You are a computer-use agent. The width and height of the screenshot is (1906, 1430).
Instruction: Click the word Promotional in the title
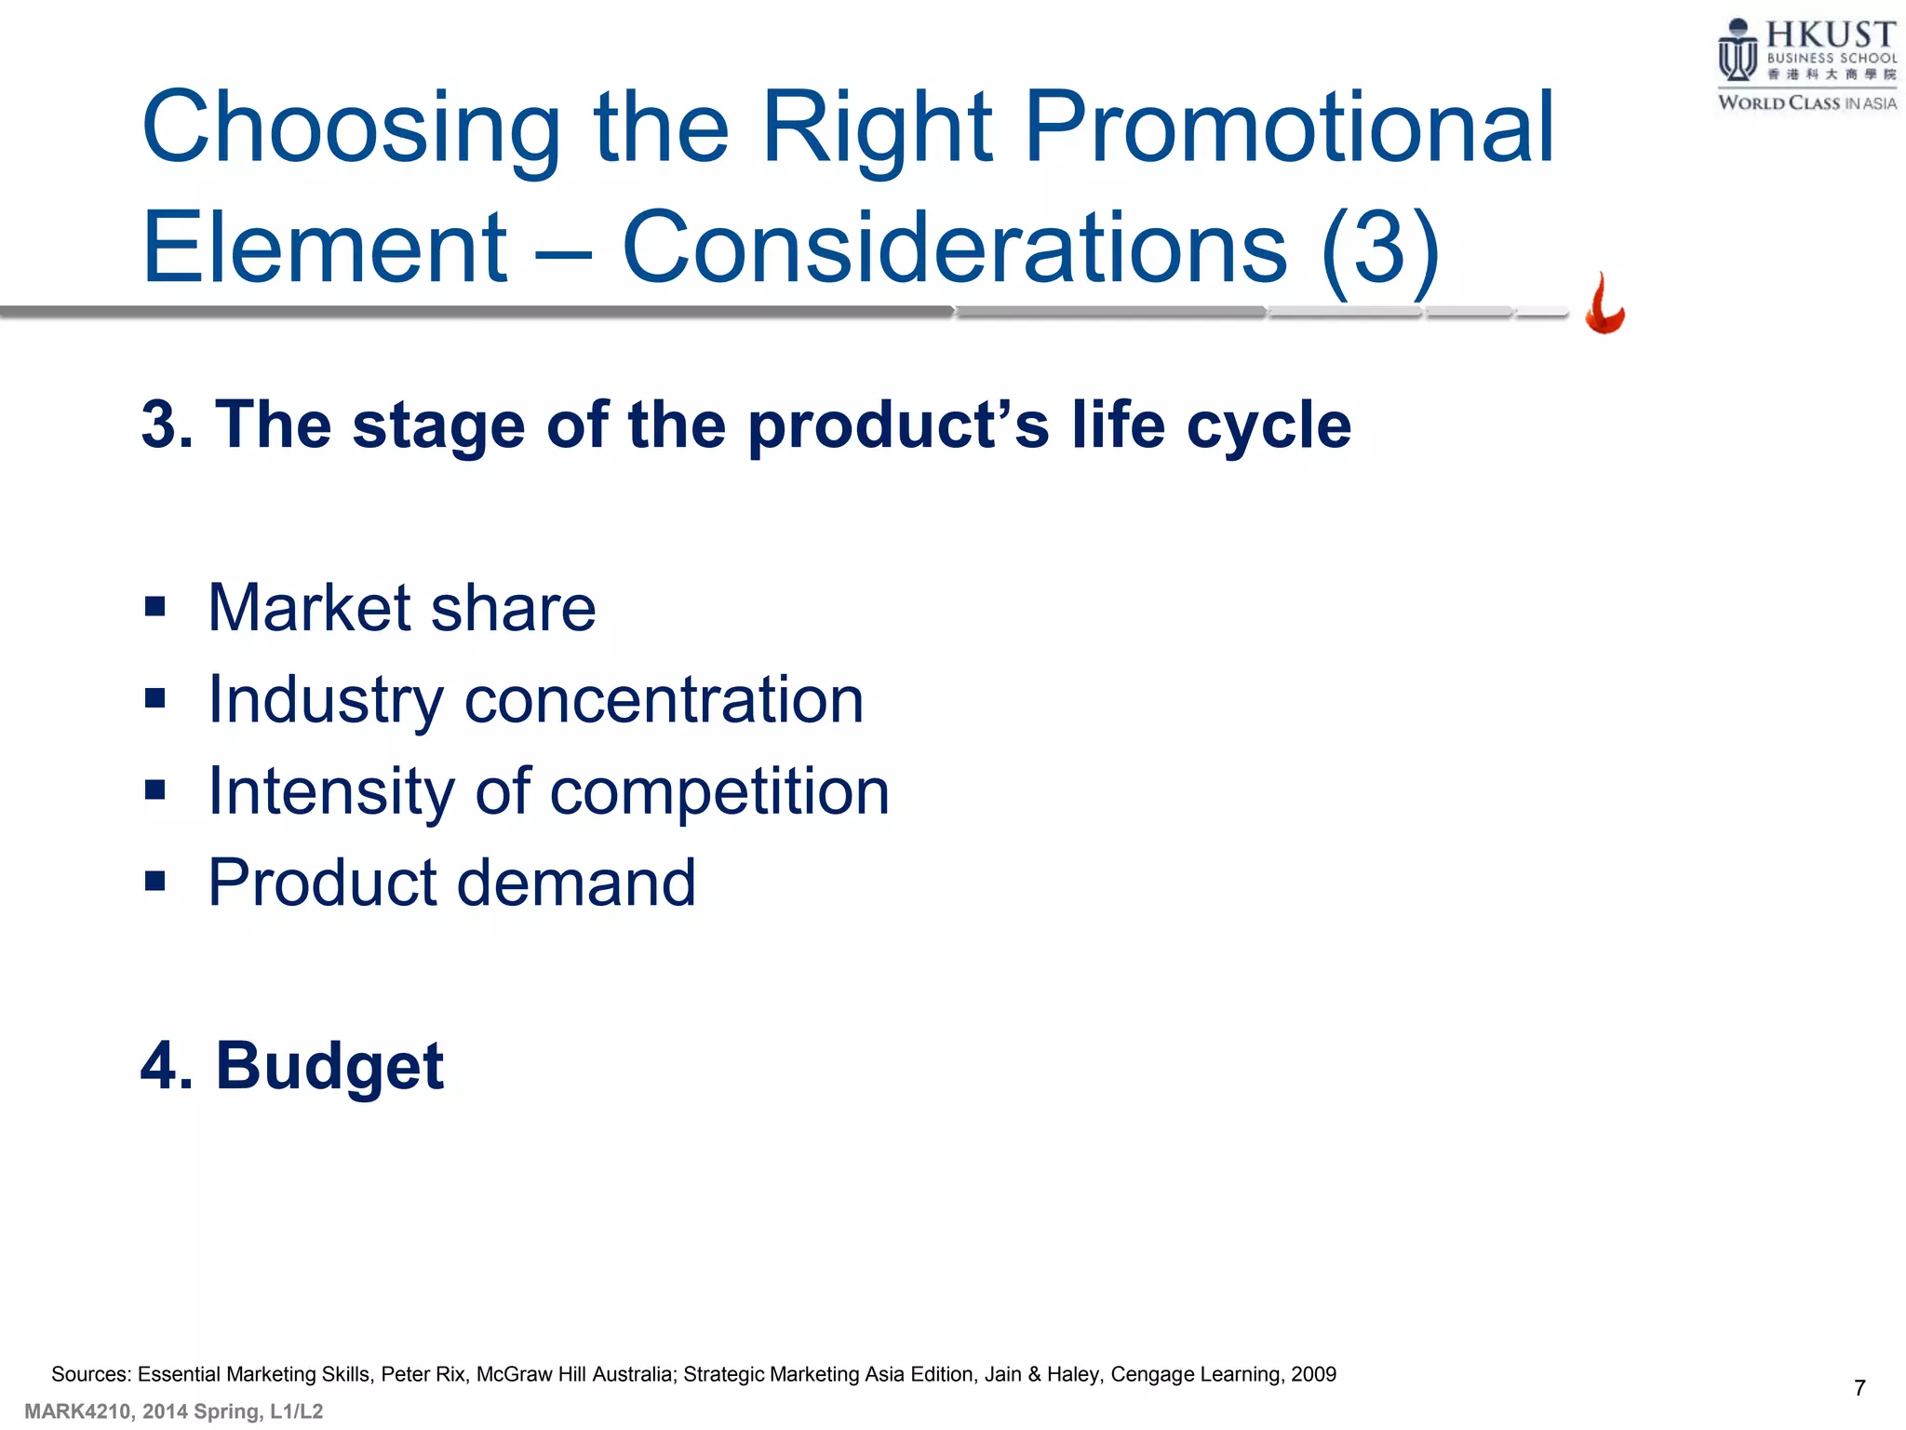click(x=1289, y=128)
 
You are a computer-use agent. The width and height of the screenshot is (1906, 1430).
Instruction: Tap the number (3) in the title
click(x=1380, y=248)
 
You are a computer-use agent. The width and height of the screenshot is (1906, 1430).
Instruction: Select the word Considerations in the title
click(x=954, y=248)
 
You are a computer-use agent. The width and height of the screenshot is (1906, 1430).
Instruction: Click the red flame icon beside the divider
click(x=1604, y=304)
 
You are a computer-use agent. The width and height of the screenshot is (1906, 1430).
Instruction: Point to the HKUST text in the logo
click(x=1831, y=35)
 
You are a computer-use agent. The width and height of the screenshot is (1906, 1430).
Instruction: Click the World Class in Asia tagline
click(x=1806, y=103)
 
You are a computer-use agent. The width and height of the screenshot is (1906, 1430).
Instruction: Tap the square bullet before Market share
click(x=155, y=608)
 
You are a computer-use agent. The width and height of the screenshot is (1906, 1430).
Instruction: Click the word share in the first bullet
click(x=513, y=608)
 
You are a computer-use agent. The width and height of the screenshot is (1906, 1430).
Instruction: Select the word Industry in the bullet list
click(x=326, y=700)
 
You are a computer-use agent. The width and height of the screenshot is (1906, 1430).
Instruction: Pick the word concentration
click(x=664, y=700)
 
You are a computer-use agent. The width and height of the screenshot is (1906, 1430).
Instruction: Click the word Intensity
click(x=331, y=792)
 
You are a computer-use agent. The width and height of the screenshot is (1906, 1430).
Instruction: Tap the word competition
click(x=719, y=792)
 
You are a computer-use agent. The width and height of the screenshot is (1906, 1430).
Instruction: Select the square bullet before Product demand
click(x=155, y=881)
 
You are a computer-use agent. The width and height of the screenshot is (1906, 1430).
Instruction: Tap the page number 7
click(x=1859, y=1388)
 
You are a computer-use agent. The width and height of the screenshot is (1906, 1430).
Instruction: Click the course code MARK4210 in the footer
click(x=77, y=1411)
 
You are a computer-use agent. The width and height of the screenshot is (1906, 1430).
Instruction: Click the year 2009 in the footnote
click(x=1313, y=1374)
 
